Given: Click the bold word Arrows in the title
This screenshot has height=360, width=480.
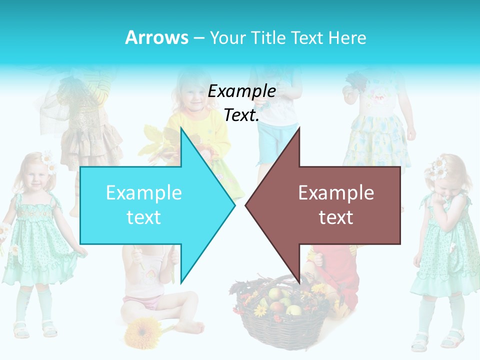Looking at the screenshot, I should (157, 37).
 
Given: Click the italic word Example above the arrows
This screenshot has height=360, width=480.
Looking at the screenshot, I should (241, 91).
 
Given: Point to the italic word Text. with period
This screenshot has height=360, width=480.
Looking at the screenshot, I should (241, 115).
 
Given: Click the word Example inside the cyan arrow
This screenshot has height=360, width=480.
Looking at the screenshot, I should (144, 192).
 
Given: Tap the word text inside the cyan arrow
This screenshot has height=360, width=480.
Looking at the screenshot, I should (144, 217).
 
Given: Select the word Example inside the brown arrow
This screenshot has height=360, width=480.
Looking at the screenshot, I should (336, 192).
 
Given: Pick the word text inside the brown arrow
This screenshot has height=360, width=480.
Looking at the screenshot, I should (336, 217).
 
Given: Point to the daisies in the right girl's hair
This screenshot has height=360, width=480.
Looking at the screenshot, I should (439, 167).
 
